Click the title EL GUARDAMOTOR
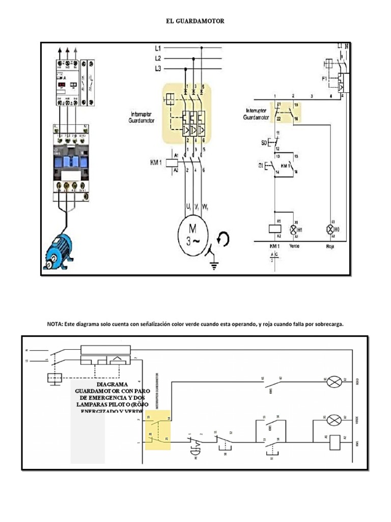click(x=195, y=21)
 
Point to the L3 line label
click(x=158, y=68)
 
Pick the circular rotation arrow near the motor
click(x=222, y=239)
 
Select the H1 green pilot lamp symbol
click(x=293, y=229)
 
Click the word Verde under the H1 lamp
click(x=294, y=246)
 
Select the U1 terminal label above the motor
click(x=189, y=207)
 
